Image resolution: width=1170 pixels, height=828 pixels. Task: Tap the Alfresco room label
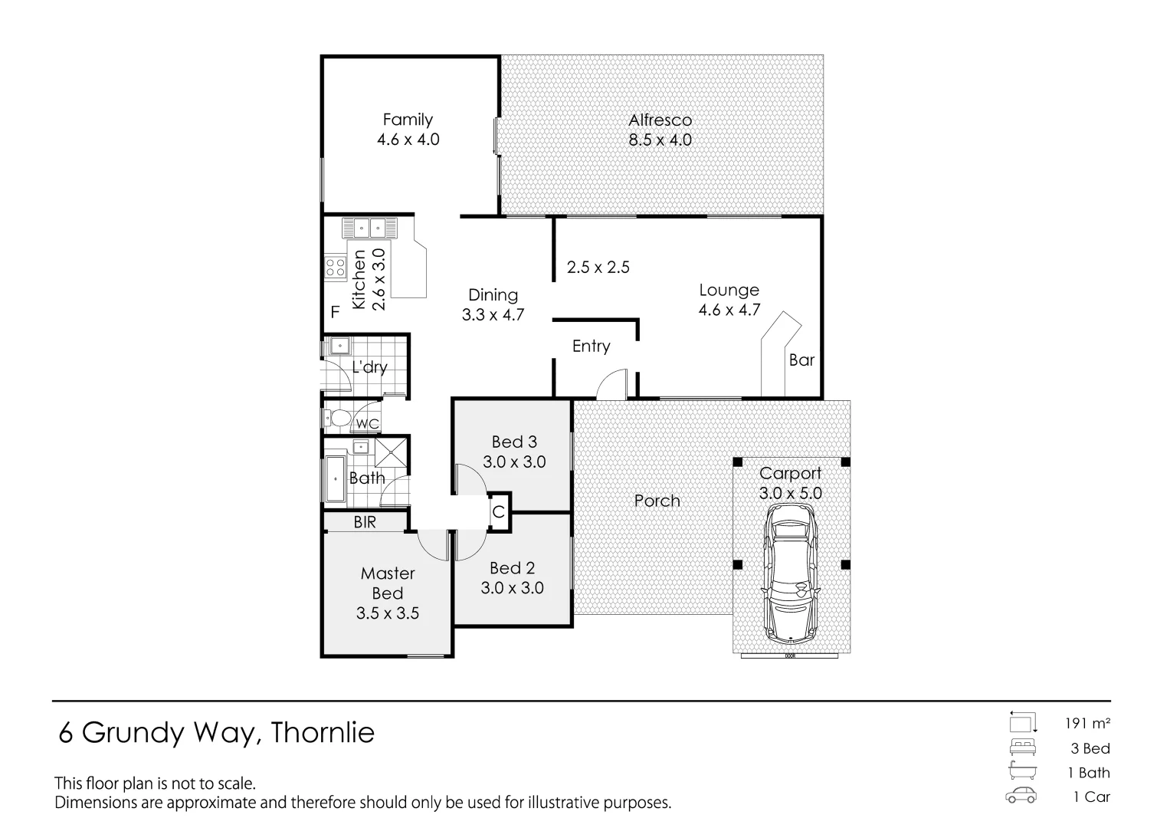660,120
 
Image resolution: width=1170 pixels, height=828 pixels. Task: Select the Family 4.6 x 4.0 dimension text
408,140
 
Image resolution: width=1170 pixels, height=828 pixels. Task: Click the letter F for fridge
335,312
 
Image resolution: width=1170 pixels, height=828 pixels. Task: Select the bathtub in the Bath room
335,480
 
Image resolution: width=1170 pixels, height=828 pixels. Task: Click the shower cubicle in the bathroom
390,452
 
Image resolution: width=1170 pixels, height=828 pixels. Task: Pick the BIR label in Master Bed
365,523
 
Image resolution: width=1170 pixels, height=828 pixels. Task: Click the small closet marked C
499,511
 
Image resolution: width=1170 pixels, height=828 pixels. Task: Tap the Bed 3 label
514,442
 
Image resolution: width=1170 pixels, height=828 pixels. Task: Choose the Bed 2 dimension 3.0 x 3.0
512,588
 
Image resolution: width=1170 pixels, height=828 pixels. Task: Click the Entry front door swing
612,384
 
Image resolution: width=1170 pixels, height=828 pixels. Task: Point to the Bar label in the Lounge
801,360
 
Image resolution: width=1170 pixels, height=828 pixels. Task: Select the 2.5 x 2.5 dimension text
598,268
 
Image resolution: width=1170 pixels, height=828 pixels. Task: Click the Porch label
657,501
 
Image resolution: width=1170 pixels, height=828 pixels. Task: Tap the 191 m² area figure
1086,723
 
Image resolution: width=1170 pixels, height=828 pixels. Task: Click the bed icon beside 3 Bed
1023,747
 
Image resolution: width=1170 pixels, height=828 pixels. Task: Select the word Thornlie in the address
323,733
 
